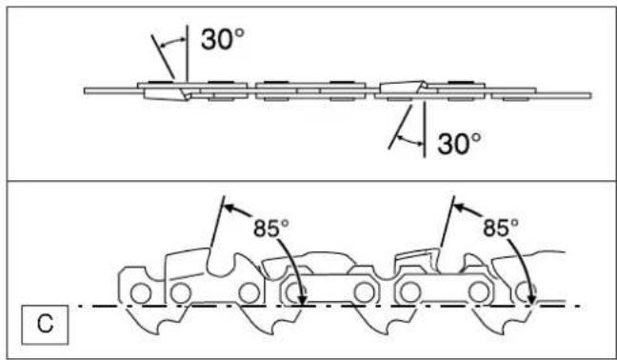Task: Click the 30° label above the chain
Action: (223, 39)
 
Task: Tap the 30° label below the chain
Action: (459, 143)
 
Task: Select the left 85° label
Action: (271, 228)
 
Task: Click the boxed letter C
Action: (45, 324)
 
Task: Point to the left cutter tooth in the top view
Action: (166, 94)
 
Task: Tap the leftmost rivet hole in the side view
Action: (141, 293)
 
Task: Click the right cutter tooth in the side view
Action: (418, 260)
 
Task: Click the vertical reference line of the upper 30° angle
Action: (188, 53)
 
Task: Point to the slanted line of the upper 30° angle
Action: (163, 56)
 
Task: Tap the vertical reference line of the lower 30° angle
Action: (425, 130)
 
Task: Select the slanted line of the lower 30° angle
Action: (400, 127)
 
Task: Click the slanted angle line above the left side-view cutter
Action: (218, 222)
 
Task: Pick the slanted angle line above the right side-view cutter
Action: (448, 222)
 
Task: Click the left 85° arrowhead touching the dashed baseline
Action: (302, 300)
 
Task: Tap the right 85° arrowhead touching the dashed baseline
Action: (532, 300)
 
